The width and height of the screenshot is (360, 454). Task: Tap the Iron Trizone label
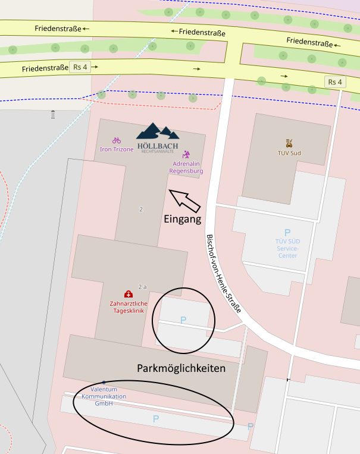click(x=117, y=149)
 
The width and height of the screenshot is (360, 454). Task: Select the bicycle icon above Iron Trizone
click(x=117, y=140)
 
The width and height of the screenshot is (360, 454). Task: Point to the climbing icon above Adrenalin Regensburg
click(x=186, y=154)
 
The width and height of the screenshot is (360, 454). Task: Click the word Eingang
click(x=181, y=219)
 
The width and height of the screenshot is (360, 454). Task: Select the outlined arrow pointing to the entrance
click(x=185, y=201)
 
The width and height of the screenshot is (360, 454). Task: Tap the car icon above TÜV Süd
click(x=289, y=143)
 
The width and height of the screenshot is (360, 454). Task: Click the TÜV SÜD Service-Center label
click(x=287, y=248)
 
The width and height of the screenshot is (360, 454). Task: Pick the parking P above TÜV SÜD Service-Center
click(x=287, y=233)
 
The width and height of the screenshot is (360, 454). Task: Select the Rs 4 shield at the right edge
click(x=335, y=82)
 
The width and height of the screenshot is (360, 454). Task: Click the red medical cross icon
click(x=128, y=294)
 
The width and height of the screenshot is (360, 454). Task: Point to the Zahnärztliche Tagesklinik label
click(x=127, y=306)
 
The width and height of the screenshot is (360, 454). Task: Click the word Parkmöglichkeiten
click(x=181, y=368)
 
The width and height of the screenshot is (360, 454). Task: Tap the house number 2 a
click(x=142, y=286)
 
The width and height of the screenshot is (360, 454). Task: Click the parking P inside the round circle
click(x=183, y=320)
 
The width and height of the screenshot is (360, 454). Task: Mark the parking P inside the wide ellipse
click(x=156, y=419)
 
